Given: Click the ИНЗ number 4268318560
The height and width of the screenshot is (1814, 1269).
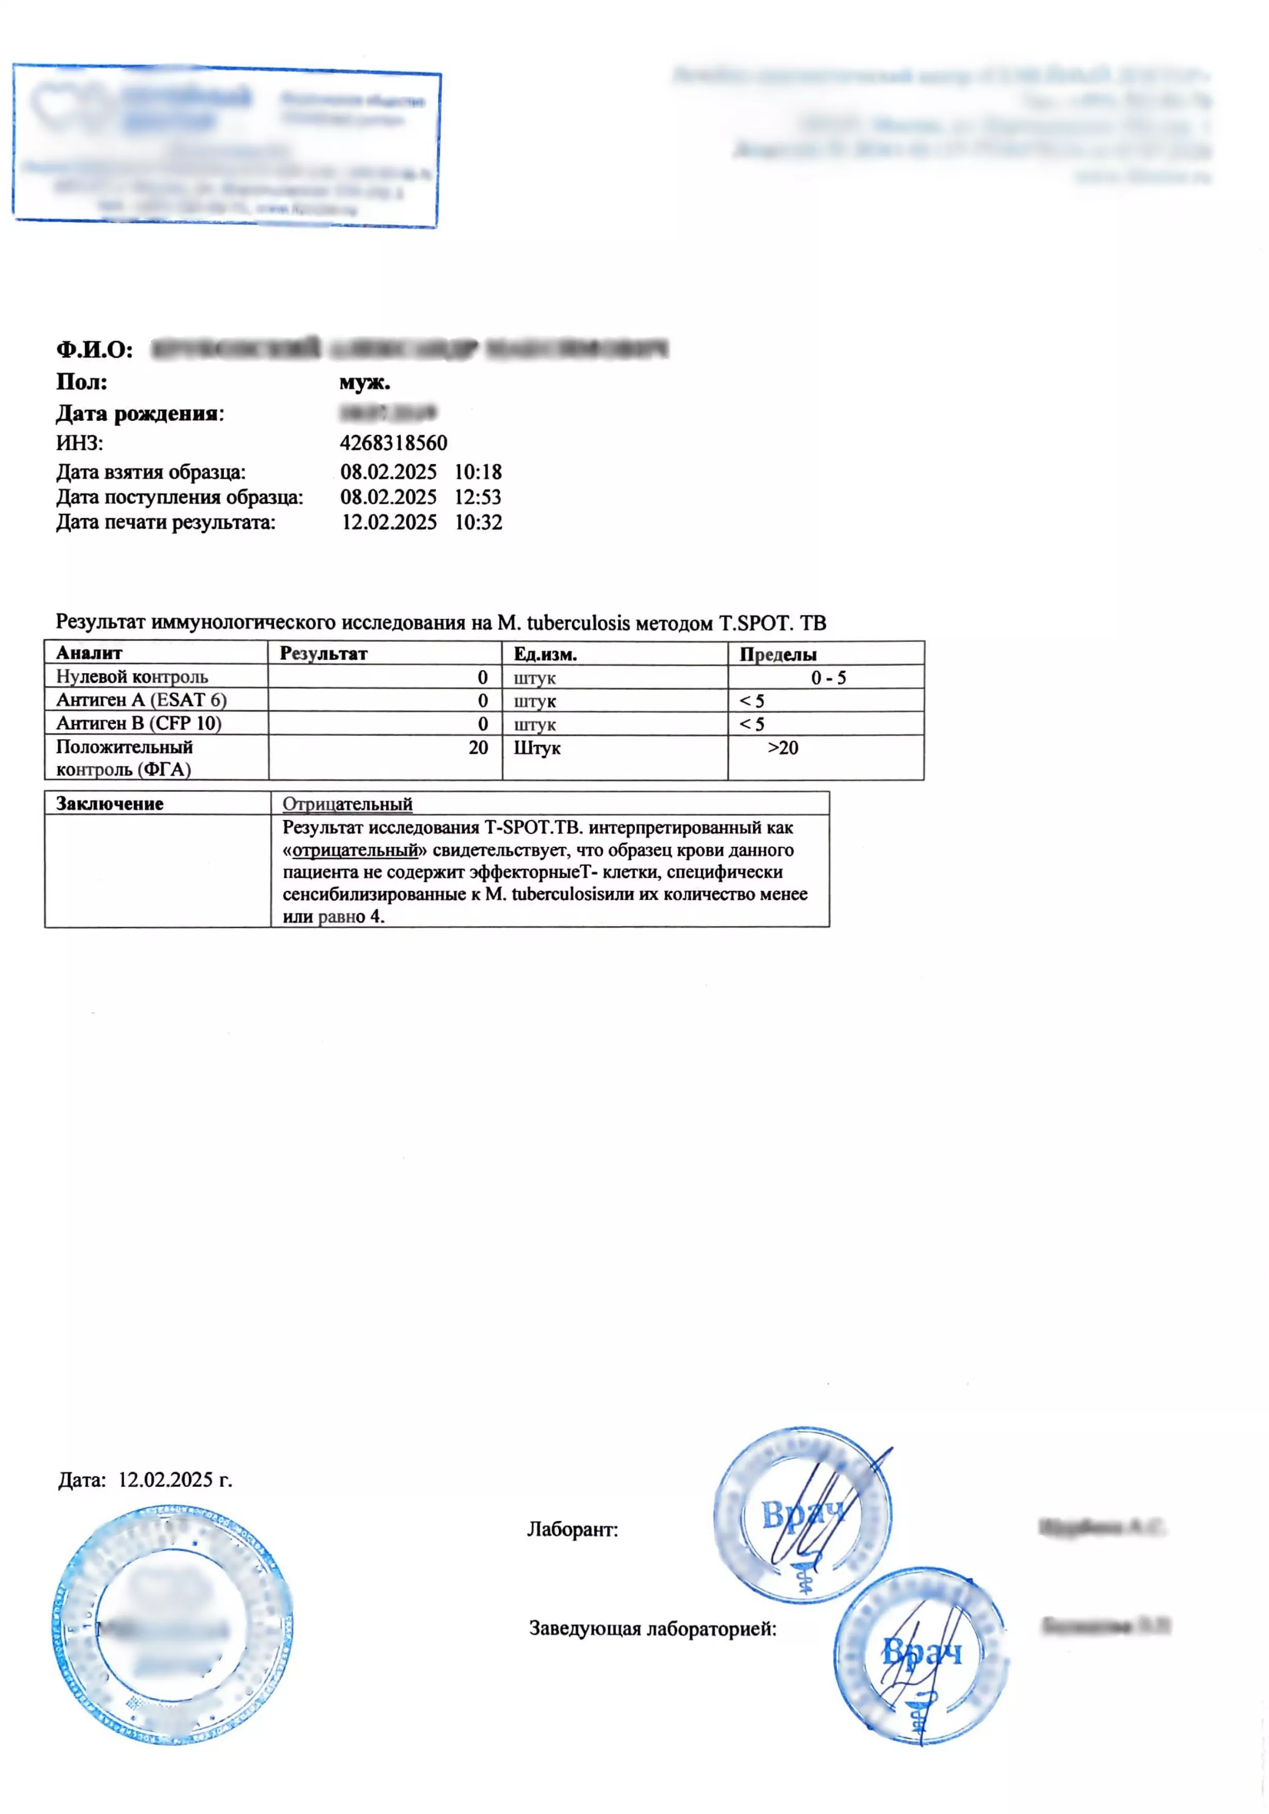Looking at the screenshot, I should coord(393,443).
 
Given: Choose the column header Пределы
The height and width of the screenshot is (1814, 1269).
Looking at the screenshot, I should coord(777,654).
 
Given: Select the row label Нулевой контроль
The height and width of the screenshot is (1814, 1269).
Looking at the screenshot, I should coord(132,677).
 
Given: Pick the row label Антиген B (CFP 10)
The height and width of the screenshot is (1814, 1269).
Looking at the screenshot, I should coord(139,723).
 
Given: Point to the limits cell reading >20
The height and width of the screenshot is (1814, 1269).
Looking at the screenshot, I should coord(782,748).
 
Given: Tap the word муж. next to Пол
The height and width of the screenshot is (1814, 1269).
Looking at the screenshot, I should coord(364,383).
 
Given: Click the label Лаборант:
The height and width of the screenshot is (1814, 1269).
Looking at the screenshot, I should coord(572,1530).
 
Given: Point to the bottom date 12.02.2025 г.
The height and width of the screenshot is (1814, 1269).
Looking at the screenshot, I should coord(175,1480).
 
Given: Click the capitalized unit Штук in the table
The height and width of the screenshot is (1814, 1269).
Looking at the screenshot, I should coord(537,748).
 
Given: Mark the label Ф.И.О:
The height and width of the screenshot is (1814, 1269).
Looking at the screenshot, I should coord(94,349).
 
